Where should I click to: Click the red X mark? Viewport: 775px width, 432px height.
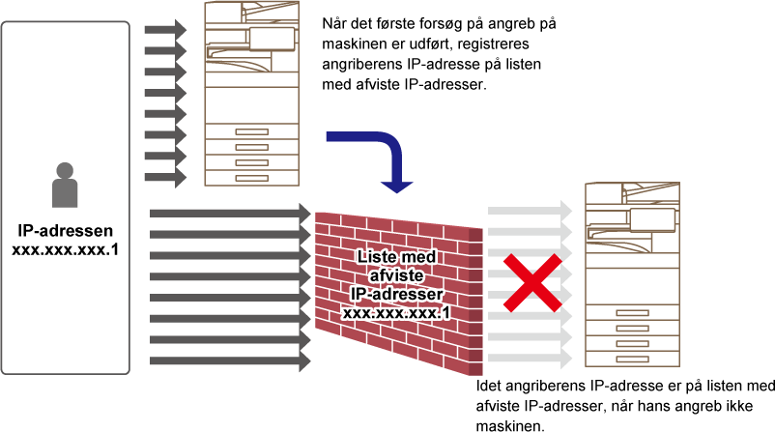(x=531, y=283)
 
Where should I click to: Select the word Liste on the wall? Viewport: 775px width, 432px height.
(x=378, y=256)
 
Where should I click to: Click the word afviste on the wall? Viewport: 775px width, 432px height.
(x=397, y=275)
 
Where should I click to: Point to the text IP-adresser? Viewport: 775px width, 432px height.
(x=397, y=294)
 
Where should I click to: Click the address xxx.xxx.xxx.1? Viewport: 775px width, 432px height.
(x=397, y=313)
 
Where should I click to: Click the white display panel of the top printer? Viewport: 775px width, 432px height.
(x=272, y=39)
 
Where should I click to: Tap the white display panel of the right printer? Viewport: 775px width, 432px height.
(x=652, y=219)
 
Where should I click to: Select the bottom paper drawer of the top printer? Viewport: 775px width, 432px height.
(x=251, y=178)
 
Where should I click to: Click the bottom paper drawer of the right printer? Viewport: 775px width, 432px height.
(x=632, y=359)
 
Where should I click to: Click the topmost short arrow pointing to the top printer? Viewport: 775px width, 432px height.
(x=165, y=30)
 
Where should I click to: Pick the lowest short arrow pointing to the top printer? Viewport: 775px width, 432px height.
(x=165, y=178)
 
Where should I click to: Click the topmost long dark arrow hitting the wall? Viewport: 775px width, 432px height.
(x=230, y=213)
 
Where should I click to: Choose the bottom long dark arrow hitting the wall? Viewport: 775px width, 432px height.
(x=230, y=361)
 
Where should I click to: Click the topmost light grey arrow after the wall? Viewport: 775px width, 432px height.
(x=530, y=211)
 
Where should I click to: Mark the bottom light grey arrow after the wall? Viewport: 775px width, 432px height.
(x=530, y=359)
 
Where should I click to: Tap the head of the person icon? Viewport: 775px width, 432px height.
(x=65, y=171)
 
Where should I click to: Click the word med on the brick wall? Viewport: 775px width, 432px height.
(x=417, y=256)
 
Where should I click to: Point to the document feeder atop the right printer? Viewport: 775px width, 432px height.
(x=632, y=191)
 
